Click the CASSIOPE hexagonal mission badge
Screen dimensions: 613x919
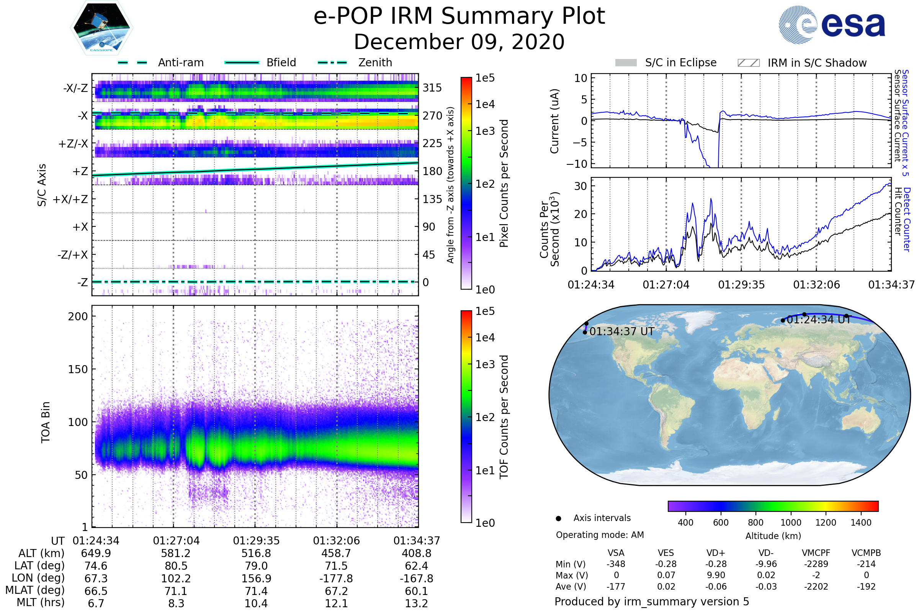click(x=101, y=27)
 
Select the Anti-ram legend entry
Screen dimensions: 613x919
click(x=180, y=62)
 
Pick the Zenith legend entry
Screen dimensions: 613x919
click(x=375, y=62)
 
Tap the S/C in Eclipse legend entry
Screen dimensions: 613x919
click(x=680, y=62)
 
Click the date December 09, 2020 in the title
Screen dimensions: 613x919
click(x=459, y=42)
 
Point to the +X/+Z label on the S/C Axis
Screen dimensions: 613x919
click(x=70, y=199)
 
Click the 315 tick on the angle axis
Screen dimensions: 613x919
click(x=432, y=88)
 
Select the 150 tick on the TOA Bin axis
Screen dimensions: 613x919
click(x=78, y=369)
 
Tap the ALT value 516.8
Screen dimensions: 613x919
click(x=256, y=554)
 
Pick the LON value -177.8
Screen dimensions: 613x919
click(x=336, y=579)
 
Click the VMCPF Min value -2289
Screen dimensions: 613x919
click(x=816, y=564)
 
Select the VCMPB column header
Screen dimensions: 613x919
click(x=866, y=553)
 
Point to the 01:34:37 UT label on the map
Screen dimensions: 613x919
click(x=621, y=331)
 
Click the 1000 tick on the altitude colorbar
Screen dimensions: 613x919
click(x=790, y=523)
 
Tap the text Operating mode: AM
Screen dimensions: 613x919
click(x=600, y=535)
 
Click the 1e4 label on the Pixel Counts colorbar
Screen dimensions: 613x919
click(x=485, y=104)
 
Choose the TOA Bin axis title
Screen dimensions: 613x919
click(x=45, y=422)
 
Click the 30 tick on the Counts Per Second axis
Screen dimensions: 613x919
click(x=581, y=186)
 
